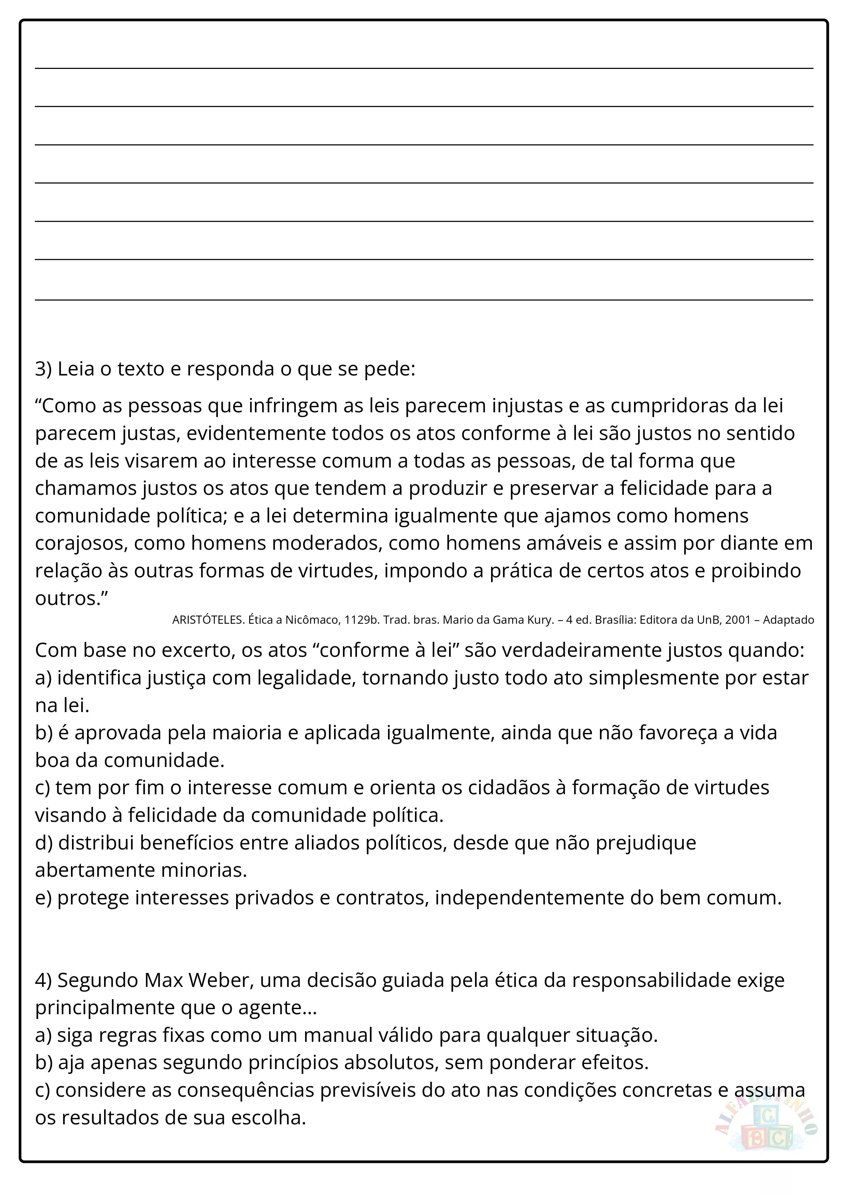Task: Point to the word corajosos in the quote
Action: (x=81, y=543)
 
